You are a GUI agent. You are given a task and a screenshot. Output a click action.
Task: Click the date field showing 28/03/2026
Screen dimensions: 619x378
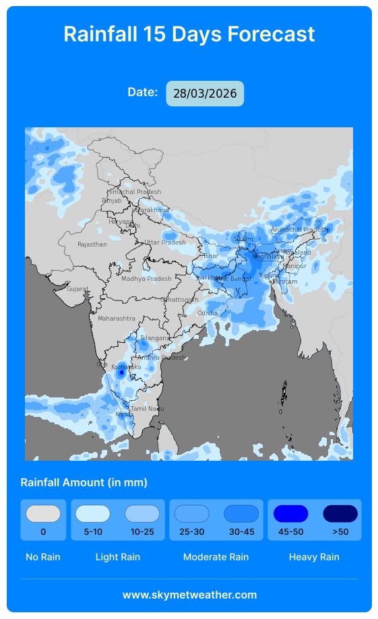pyautogui.click(x=205, y=94)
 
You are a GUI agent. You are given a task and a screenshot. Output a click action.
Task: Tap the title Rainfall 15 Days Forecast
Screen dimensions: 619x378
pyautogui.click(x=189, y=34)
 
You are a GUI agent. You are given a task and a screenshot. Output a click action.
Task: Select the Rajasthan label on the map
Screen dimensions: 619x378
pyautogui.click(x=92, y=245)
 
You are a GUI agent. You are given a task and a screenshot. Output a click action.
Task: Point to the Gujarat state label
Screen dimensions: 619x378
pyautogui.click(x=77, y=289)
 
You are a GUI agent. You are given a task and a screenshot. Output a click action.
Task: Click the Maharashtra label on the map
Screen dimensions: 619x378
pyautogui.click(x=116, y=318)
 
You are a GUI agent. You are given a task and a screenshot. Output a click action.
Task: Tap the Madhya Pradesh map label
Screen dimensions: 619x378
pyautogui.click(x=146, y=279)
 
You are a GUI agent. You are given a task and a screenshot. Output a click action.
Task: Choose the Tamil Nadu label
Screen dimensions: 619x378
pyautogui.click(x=147, y=409)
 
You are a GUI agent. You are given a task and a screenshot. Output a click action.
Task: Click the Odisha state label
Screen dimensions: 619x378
pyautogui.click(x=208, y=313)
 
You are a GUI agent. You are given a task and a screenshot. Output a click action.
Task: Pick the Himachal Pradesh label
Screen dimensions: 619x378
pyautogui.click(x=134, y=192)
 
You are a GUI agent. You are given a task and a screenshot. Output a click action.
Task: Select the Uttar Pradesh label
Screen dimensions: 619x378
pyautogui.click(x=164, y=242)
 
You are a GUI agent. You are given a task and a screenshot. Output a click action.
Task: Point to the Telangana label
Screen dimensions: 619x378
pyautogui.click(x=155, y=337)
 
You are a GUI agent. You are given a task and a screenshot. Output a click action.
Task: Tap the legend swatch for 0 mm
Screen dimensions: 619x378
pyautogui.click(x=43, y=514)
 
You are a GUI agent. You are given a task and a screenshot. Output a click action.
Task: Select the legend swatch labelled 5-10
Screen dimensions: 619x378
pyautogui.click(x=93, y=514)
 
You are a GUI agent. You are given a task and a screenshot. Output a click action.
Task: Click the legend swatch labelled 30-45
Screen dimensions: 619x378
pyautogui.click(x=241, y=514)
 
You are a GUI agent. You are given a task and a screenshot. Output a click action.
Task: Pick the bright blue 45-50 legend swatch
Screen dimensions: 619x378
pyautogui.click(x=290, y=514)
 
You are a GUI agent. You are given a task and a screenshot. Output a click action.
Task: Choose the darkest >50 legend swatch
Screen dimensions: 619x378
pyautogui.click(x=340, y=514)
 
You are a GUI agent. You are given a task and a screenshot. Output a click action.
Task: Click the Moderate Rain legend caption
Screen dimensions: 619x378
pyautogui.click(x=216, y=557)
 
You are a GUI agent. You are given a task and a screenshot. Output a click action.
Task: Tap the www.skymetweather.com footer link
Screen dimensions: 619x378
pyautogui.click(x=189, y=595)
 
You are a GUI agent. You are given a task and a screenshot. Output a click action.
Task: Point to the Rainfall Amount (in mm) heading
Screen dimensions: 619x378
pyautogui.click(x=84, y=482)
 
